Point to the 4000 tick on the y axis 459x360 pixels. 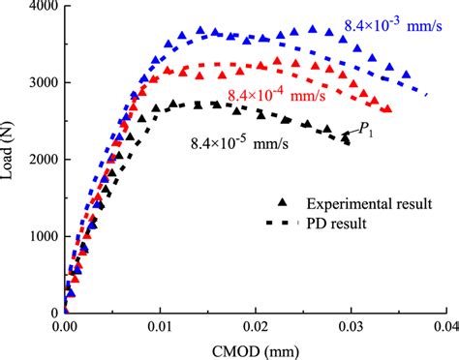pos(37,7)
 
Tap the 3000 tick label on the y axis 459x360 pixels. pos(37,83)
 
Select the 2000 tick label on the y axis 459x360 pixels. pos(37,160)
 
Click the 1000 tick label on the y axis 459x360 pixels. pos(37,236)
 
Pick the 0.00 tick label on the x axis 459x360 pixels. pos(64,328)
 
